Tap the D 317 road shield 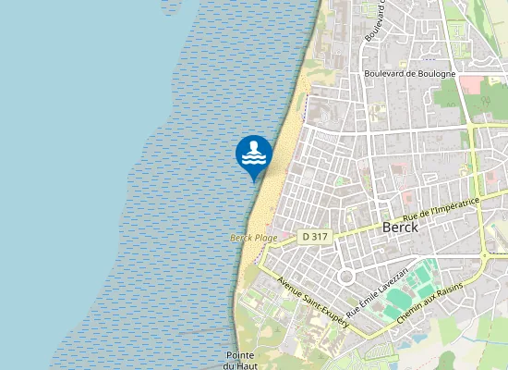[315, 237]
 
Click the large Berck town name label [401, 228]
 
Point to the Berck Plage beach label [253, 238]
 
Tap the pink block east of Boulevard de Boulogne [470, 84]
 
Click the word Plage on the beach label [266, 238]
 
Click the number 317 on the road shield [320, 237]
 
